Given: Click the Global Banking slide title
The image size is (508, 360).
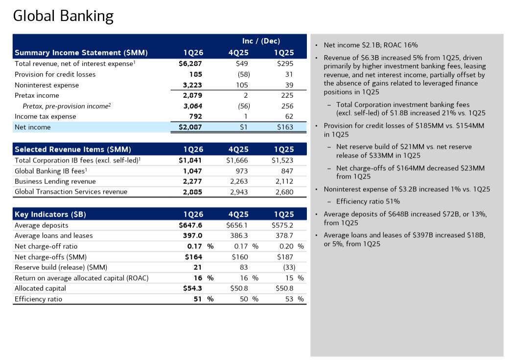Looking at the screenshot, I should point(63,16).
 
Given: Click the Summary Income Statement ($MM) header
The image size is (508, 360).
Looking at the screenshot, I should point(81,53).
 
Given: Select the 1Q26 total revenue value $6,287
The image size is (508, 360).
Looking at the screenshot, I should point(190,64).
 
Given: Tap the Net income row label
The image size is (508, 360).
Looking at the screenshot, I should point(33,127).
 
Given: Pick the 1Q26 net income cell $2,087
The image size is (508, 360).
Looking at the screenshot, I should point(190,127).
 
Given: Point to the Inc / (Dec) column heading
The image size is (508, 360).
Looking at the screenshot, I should point(261,41).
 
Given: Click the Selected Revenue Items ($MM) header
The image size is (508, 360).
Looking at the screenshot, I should point(73,149).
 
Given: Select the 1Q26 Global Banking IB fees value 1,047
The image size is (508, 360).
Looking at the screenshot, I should point(192,171).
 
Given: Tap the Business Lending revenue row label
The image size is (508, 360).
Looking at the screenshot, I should point(55,181).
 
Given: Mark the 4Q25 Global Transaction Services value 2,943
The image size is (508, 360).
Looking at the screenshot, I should point(239,192).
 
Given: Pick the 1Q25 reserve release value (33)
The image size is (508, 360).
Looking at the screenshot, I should point(289,267).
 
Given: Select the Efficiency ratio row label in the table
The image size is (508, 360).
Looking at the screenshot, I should point(39,299).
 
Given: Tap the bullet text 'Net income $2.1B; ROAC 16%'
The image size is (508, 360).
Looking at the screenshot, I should point(370,45).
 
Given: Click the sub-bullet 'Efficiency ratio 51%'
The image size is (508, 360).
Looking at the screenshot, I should point(368,202).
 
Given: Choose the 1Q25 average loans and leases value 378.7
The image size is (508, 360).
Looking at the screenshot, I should point(283,236).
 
